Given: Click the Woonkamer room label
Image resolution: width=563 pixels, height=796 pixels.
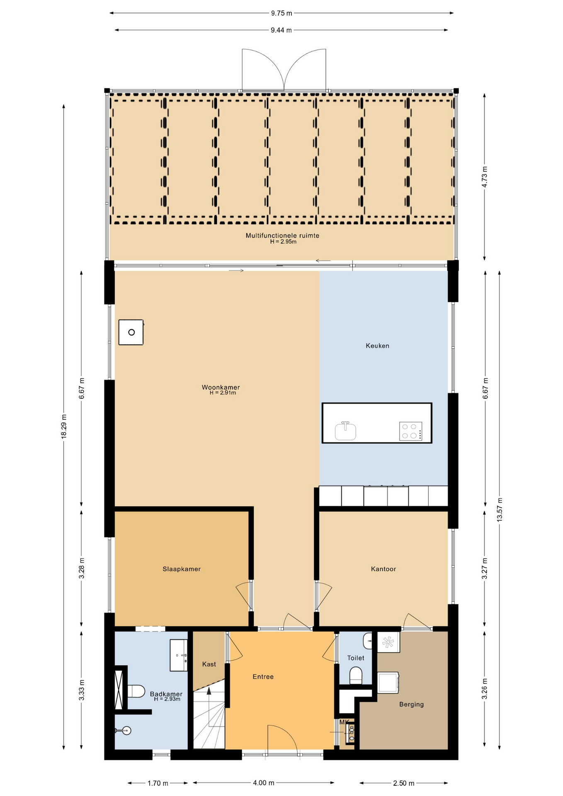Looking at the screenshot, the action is (x=221, y=387).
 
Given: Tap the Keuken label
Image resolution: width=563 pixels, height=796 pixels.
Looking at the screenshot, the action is (x=377, y=345).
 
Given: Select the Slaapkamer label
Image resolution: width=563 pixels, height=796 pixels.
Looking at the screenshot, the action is (x=182, y=569).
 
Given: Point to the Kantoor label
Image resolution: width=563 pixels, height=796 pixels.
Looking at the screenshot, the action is (x=383, y=569).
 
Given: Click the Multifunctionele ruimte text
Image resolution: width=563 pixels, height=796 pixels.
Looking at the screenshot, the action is (x=282, y=235).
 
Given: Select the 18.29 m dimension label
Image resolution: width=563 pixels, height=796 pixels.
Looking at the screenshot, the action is (x=64, y=426).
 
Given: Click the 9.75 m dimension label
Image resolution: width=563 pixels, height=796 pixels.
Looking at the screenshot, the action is (x=281, y=13).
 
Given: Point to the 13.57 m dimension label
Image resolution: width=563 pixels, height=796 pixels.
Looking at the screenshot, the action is (x=500, y=510).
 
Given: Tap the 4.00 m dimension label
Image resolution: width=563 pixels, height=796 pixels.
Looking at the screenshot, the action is (x=264, y=783).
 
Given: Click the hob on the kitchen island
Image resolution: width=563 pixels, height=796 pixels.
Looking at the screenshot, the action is (x=410, y=431).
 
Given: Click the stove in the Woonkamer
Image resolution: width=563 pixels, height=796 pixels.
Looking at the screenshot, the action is (x=131, y=332).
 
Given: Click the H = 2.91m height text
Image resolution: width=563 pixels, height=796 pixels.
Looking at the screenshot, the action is (x=223, y=393).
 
